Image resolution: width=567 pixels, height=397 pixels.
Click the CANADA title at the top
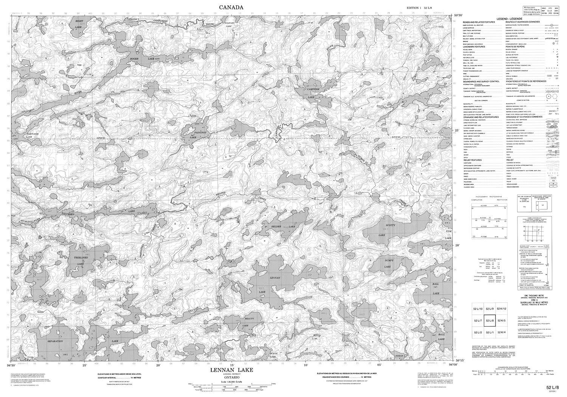[231, 7]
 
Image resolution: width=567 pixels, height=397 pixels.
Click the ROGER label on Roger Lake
[135, 59]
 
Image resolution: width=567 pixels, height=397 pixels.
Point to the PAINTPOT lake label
[193, 133]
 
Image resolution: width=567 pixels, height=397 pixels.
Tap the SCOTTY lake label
[390, 226]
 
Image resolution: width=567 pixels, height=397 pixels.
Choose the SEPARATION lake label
[55, 341]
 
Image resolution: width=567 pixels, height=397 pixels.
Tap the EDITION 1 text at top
[415, 8]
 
